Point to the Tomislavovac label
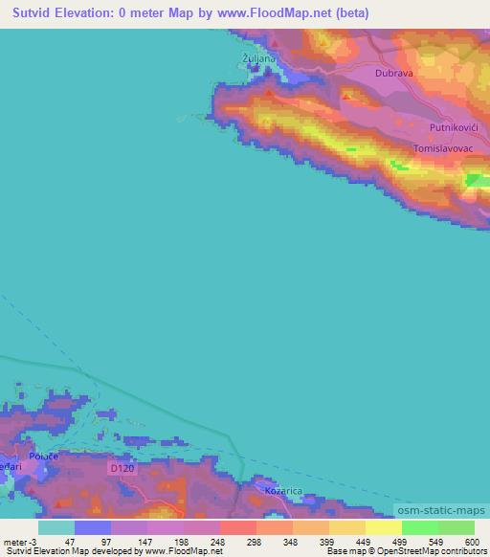tap(445, 148)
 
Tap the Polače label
tap(43, 457)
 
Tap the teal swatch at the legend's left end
tap(56, 527)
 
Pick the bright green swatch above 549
tap(419, 527)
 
